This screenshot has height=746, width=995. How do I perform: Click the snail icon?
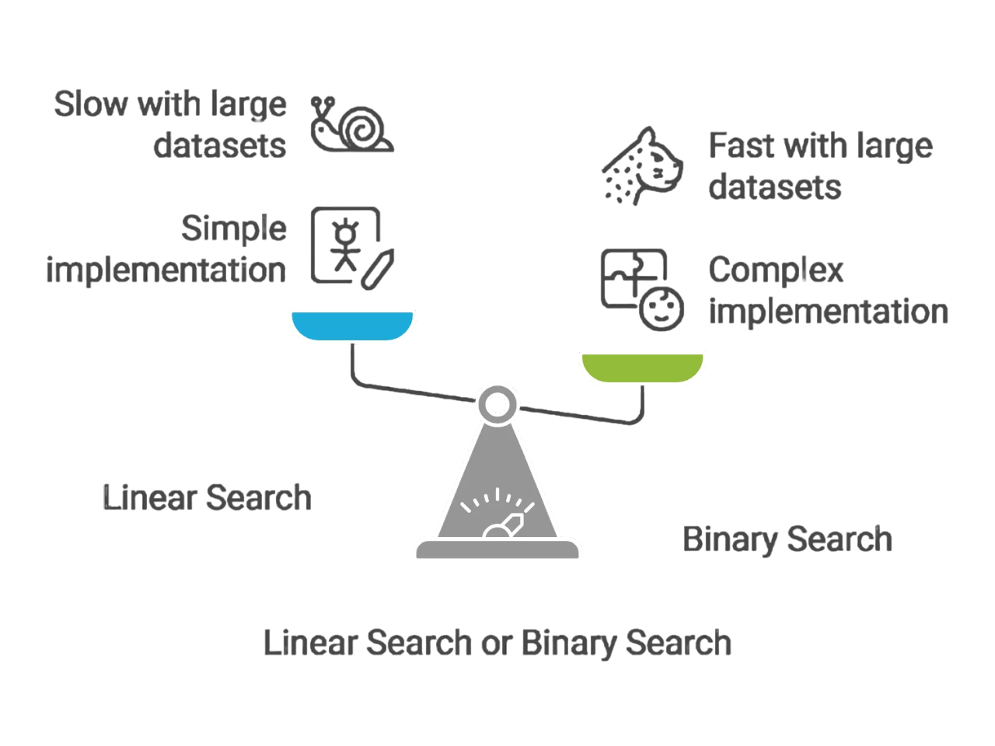coord(352,125)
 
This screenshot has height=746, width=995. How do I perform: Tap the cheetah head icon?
coord(643,166)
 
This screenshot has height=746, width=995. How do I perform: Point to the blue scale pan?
coord(352,325)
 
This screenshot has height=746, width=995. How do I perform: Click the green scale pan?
coord(642,367)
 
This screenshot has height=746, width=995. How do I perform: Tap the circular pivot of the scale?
coord(497,405)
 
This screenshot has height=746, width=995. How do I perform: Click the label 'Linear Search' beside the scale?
coord(207,498)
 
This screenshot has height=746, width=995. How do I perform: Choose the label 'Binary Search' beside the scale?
coord(787,539)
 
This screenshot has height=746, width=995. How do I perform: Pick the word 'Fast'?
coord(742,145)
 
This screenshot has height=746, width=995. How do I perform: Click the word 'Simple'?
coord(234,228)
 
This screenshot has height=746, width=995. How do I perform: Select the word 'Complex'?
coord(775,270)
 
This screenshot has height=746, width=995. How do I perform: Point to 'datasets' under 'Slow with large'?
coord(219,145)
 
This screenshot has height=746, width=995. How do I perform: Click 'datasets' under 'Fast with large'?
coord(774,187)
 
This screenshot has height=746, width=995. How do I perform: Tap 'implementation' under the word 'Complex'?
coord(828,312)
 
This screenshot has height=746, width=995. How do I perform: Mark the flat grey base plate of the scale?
coord(497,550)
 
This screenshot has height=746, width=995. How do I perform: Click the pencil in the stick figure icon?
coord(379,269)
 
